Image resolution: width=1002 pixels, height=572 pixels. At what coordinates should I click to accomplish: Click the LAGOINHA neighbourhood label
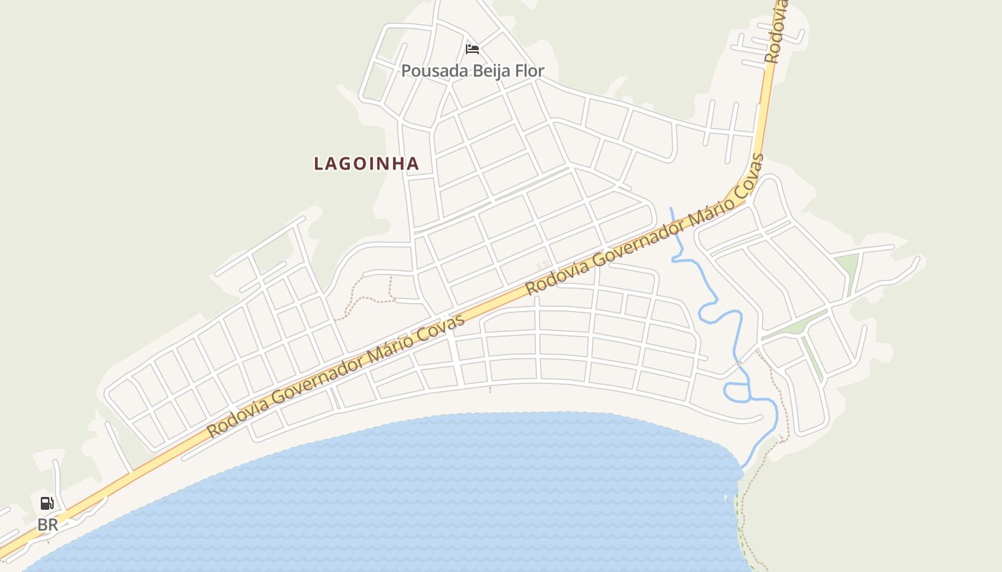click(x=366, y=164)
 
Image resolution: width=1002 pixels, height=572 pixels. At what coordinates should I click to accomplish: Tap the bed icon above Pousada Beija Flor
click(x=472, y=49)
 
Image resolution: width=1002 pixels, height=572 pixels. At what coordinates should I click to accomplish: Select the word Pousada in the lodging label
click(x=427, y=71)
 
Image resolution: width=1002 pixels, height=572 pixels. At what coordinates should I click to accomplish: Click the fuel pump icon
click(x=47, y=503)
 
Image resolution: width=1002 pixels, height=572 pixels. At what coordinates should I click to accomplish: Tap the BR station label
click(x=47, y=525)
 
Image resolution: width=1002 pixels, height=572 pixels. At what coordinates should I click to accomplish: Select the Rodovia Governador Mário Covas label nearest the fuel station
click(x=336, y=375)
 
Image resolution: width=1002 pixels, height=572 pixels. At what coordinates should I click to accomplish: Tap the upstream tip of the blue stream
click(x=671, y=209)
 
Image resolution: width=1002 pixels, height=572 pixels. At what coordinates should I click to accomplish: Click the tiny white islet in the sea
click(x=726, y=498)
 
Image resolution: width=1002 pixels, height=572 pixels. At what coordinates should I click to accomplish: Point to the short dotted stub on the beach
click(x=490, y=390)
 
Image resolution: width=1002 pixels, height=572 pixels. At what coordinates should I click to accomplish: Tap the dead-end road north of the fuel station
click(x=57, y=475)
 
